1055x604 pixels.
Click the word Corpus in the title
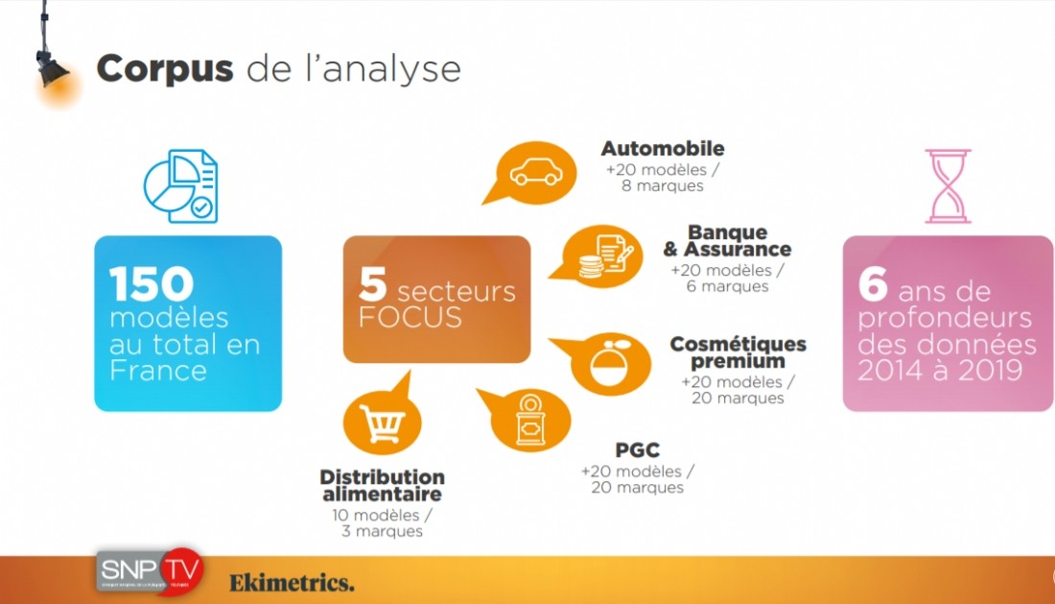(x=165, y=69)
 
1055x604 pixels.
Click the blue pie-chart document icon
(x=181, y=186)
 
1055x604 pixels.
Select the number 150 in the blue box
(x=152, y=283)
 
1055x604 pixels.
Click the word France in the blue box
(x=158, y=371)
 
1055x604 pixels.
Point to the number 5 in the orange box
(x=373, y=283)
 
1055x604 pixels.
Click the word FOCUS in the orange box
(x=410, y=317)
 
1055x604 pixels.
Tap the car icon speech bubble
(x=531, y=173)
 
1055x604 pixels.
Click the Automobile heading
(x=663, y=148)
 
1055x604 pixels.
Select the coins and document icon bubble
(x=597, y=255)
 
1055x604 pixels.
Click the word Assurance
(x=738, y=249)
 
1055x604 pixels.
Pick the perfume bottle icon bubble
(x=602, y=364)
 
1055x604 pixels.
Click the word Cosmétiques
(x=738, y=344)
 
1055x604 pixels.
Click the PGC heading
(x=637, y=449)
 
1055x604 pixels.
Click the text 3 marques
(x=382, y=531)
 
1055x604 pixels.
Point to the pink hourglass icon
(x=948, y=186)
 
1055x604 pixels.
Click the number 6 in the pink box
(x=874, y=283)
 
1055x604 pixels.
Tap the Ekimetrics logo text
(x=292, y=583)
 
